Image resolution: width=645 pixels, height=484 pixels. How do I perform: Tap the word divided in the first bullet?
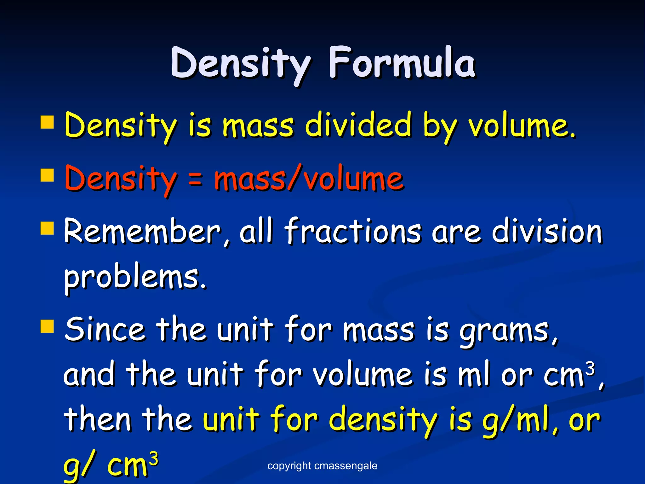point(358,125)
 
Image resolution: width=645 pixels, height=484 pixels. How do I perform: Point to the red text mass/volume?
point(309,179)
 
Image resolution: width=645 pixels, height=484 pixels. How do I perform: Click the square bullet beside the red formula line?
point(47,175)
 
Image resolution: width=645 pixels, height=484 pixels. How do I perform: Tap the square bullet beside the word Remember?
point(47,228)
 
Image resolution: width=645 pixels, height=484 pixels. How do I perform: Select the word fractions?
point(353,232)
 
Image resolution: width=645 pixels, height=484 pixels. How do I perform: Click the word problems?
point(135,277)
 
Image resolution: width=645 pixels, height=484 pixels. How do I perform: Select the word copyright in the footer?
point(289,466)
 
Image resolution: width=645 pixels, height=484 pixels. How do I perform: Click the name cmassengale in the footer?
point(345,466)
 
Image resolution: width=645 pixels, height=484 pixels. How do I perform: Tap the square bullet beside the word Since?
point(47,326)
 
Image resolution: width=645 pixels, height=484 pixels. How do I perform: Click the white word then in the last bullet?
point(98,419)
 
